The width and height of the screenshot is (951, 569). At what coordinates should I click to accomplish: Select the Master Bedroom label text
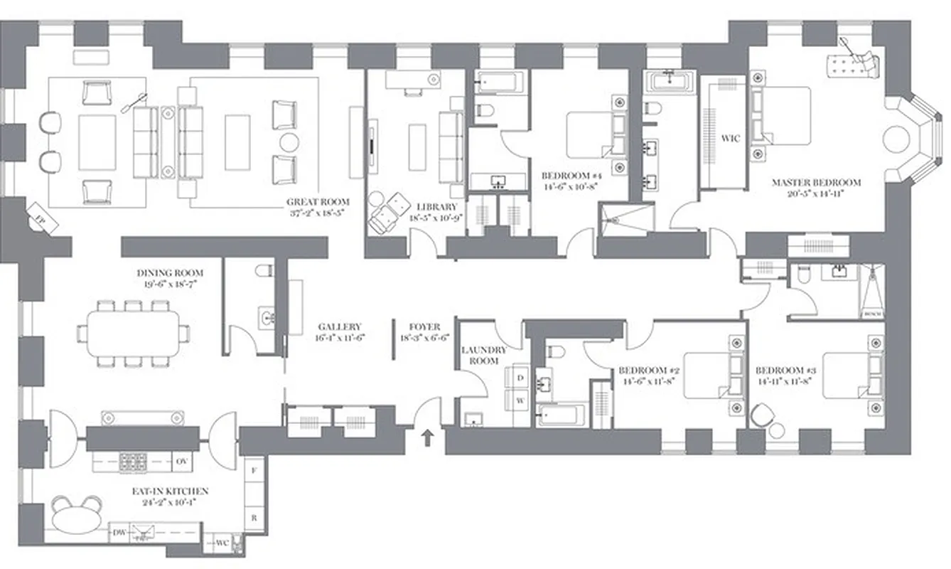(x=816, y=183)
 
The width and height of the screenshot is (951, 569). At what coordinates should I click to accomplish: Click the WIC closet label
(x=731, y=139)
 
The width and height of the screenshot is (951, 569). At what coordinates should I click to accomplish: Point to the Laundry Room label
(x=484, y=355)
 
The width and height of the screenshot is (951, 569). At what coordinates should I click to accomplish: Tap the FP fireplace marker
(x=40, y=211)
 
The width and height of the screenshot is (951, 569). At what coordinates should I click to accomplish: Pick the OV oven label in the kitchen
(x=181, y=462)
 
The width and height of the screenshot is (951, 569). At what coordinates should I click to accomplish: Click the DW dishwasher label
(x=119, y=532)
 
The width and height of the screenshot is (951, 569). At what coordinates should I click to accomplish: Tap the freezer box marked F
(x=254, y=470)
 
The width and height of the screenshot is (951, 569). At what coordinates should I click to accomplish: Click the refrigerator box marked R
(x=254, y=518)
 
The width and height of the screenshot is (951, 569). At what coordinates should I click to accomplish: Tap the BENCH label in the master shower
(x=871, y=313)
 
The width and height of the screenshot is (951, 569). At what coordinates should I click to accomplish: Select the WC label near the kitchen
(x=222, y=544)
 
